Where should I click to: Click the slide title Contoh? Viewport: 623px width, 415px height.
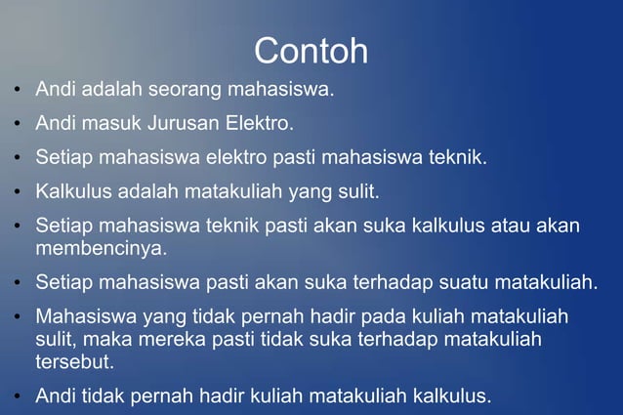311,50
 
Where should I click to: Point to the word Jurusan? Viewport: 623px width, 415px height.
185,124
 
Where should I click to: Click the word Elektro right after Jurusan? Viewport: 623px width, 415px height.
260,123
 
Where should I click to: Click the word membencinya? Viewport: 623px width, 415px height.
102,248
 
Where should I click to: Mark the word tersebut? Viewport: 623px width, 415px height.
74,361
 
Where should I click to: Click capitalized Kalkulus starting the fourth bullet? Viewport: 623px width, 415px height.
71,188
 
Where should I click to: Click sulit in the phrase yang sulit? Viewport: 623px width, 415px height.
357,188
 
